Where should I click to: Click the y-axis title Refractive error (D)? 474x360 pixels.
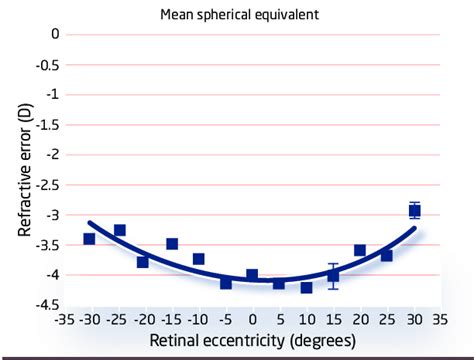(x=25, y=170)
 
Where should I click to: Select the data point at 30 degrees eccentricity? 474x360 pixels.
(x=414, y=211)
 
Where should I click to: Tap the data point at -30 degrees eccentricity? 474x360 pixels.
(x=89, y=239)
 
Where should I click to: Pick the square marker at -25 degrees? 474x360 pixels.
(x=119, y=230)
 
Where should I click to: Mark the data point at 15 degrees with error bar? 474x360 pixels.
(x=333, y=275)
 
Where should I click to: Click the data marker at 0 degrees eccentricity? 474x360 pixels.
(x=252, y=275)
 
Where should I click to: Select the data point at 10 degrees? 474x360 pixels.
(x=306, y=287)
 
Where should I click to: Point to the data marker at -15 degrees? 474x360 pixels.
(x=172, y=244)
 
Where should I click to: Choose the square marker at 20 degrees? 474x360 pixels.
(x=360, y=250)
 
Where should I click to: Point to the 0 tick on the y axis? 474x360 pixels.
(x=56, y=35)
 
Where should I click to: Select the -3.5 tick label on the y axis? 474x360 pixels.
(x=48, y=245)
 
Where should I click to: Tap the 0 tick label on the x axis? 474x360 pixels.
(x=252, y=321)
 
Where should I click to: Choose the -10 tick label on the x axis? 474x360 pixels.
(x=197, y=321)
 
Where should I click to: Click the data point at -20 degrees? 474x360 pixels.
(x=143, y=261)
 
